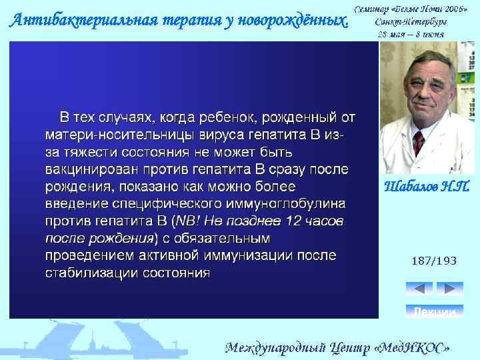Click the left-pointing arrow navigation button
(x=419, y=289)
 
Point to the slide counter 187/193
(x=434, y=261)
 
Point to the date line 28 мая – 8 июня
(x=411, y=33)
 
